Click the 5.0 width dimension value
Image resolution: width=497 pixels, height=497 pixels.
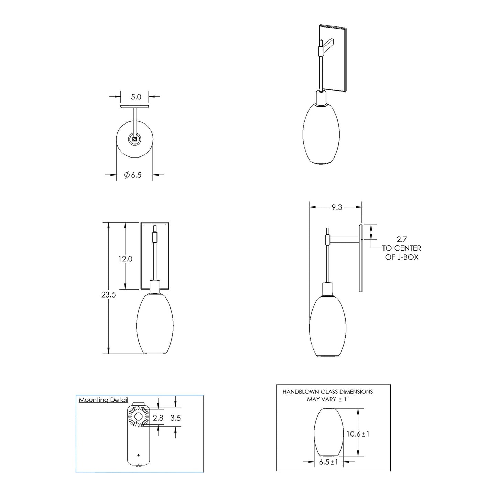[136, 97]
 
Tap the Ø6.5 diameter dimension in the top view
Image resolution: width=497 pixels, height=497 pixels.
[132, 175]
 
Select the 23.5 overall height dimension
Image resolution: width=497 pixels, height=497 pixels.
[108, 294]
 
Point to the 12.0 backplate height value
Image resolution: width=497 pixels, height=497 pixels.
[125, 259]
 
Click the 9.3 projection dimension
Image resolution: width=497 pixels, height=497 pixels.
[337, 207]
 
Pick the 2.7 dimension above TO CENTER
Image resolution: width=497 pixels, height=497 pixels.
[402, 239]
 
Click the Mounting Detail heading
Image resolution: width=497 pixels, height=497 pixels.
[104, 400]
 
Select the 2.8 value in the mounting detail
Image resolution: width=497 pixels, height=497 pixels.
[158, 418]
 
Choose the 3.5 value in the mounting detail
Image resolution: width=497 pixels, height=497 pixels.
[175, 418]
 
